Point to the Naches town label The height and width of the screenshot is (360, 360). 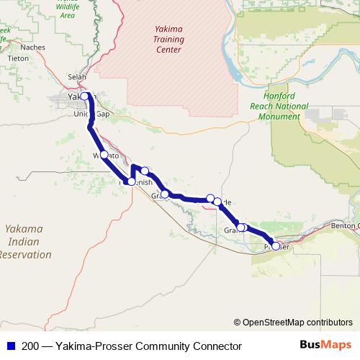pyautogui.click(x=33, y=47)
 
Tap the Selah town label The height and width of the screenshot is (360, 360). pyautogui.click(x=76, y=77)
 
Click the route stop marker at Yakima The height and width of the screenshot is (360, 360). pyautogui.click(x=84, y=96)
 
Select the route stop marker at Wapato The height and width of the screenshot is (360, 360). pyautogui.click(x=104, y=155)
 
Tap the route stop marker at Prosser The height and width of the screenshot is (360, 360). pyautogui.click(x=275, y=246)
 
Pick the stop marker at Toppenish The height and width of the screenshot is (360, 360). pyautogui.click(x=130, y=181)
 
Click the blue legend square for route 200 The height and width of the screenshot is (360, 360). pyautogui.click(x=9, y=346)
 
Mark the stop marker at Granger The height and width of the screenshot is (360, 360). pyautogui.click(x=165, y=194)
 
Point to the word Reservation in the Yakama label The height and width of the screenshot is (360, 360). pyautogui.click(x=26, y=254)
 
